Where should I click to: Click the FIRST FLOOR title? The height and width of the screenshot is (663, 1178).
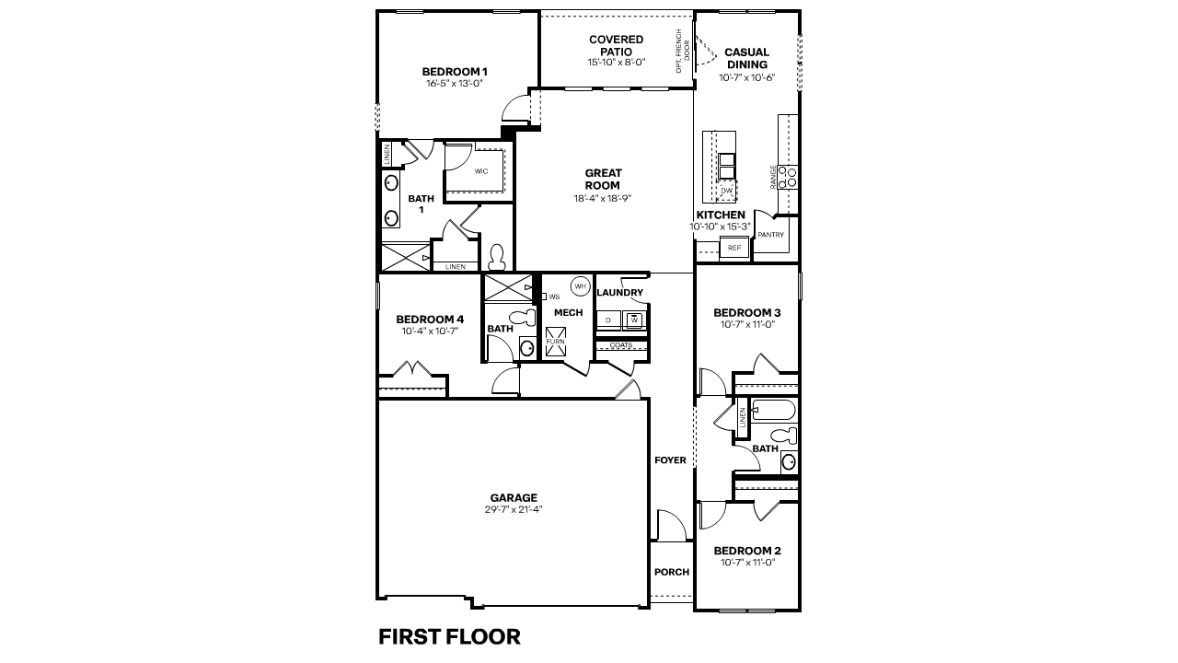(449, 636)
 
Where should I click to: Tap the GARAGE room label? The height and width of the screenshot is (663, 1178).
(514, 497)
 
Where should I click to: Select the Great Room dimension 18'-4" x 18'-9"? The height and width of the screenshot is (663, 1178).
(603, 198)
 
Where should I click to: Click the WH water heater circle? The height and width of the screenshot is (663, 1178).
(580, 286)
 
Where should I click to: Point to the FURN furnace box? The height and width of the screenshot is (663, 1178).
(555, 342)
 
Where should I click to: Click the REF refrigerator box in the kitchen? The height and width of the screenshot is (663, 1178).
(734, 248)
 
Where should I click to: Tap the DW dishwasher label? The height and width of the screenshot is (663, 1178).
(726, 191)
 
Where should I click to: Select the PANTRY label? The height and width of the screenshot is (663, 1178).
(771, 235)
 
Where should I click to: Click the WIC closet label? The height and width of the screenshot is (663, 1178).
(481, 171)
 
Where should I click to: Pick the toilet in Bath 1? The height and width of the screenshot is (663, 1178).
(496, 257)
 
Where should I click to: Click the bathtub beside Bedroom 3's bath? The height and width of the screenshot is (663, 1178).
(774, 410)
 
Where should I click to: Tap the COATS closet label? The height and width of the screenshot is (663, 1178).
(621, 345)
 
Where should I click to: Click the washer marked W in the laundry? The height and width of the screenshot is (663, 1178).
(634, 320)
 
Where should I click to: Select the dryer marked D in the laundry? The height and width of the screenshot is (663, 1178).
(608, 320)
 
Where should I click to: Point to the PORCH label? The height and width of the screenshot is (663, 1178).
(672, 572)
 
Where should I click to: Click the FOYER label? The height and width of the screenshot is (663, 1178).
(671, 459)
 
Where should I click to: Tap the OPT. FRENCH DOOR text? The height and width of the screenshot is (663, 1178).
(683, 51)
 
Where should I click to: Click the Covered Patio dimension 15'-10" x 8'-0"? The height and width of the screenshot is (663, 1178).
(617, 62)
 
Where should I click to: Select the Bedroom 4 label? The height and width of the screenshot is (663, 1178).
(430, 319)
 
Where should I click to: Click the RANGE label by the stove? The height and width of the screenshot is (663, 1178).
(773, 177)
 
